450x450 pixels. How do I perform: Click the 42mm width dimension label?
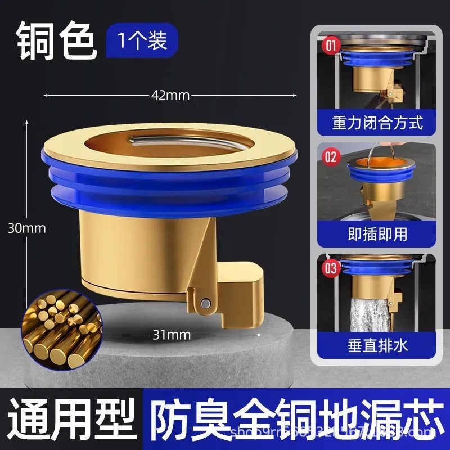click(x=170, y=95)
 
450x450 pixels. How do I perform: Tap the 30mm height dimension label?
click(x=27, y=228)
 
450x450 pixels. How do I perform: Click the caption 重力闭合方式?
click(x=377, y=123)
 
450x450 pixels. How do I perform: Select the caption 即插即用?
click(x=377, y=233)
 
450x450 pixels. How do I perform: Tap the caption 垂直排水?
click(x=377, y=345)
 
